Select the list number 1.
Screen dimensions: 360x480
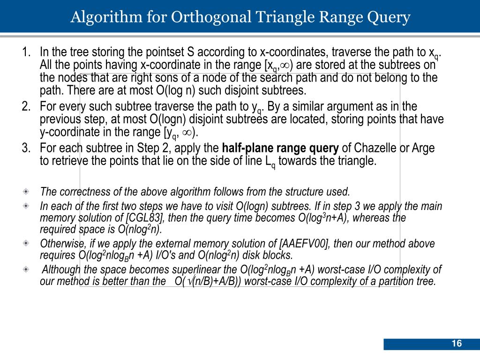coord(26,51)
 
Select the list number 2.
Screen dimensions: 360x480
coord(26,106)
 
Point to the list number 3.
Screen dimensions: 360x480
coord(26,149)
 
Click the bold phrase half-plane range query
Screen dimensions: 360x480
coord(280,149)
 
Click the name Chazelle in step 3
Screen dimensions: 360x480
coord(370,149)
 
